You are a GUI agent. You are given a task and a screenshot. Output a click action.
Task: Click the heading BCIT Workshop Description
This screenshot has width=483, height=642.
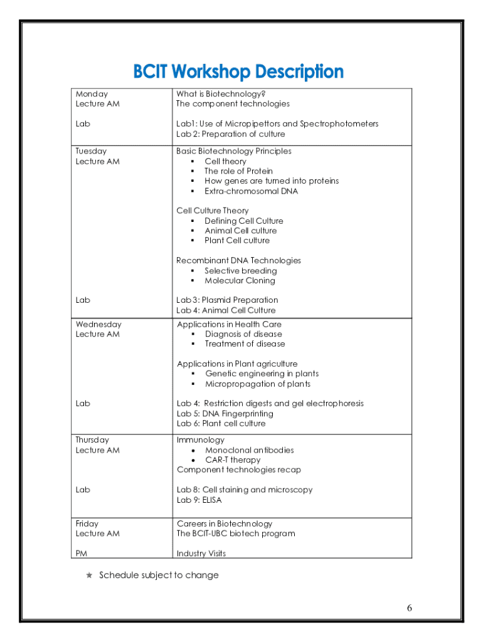coord(238,72)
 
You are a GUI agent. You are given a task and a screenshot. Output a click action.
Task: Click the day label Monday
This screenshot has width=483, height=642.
coord(92,93)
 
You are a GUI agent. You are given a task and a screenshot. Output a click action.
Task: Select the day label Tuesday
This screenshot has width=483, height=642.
coord(91,151)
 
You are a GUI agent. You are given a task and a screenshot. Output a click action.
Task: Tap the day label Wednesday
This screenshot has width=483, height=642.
coord(98,324)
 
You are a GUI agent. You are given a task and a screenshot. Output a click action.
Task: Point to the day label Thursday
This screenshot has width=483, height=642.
coord(92,440)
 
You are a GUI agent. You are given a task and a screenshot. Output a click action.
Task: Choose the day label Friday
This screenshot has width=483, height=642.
coord(87,524)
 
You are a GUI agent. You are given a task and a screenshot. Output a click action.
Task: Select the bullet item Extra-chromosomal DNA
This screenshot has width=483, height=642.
coord(251,191)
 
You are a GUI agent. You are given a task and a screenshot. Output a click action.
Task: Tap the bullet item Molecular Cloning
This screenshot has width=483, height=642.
coord(240,281)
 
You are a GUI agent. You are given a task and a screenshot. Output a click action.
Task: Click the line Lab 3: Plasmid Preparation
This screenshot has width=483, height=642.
coord(227,300)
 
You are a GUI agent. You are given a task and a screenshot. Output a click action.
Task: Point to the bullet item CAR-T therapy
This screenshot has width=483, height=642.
coord(233,460)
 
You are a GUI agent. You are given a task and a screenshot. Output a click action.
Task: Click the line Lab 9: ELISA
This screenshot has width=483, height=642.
coord(199,500)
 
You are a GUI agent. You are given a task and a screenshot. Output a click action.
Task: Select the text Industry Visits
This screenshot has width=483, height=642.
coord(201,554)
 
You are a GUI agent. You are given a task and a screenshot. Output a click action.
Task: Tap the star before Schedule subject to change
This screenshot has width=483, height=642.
coord(89,575)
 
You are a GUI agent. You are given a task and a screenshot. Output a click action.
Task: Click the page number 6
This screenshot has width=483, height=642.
coord(410,608)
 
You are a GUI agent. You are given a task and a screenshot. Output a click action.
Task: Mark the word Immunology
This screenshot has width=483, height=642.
coord(200,440)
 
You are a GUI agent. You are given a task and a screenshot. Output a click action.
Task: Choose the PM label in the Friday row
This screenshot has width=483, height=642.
coord(82,554)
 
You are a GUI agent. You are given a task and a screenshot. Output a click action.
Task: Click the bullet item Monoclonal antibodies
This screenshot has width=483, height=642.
coord(249,450)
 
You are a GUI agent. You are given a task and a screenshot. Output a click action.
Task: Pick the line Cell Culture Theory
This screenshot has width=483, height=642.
coord(212,211)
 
